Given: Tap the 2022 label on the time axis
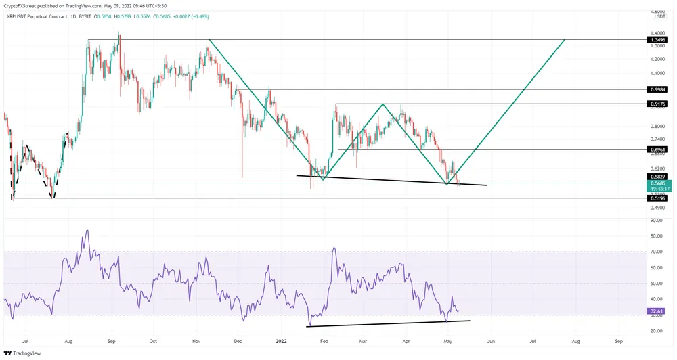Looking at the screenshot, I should (x=281, y=342).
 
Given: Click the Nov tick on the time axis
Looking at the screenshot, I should (x=196, y=342).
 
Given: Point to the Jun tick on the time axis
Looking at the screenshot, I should (x=491, y=342).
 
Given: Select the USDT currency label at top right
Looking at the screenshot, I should (x=659, y=17).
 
